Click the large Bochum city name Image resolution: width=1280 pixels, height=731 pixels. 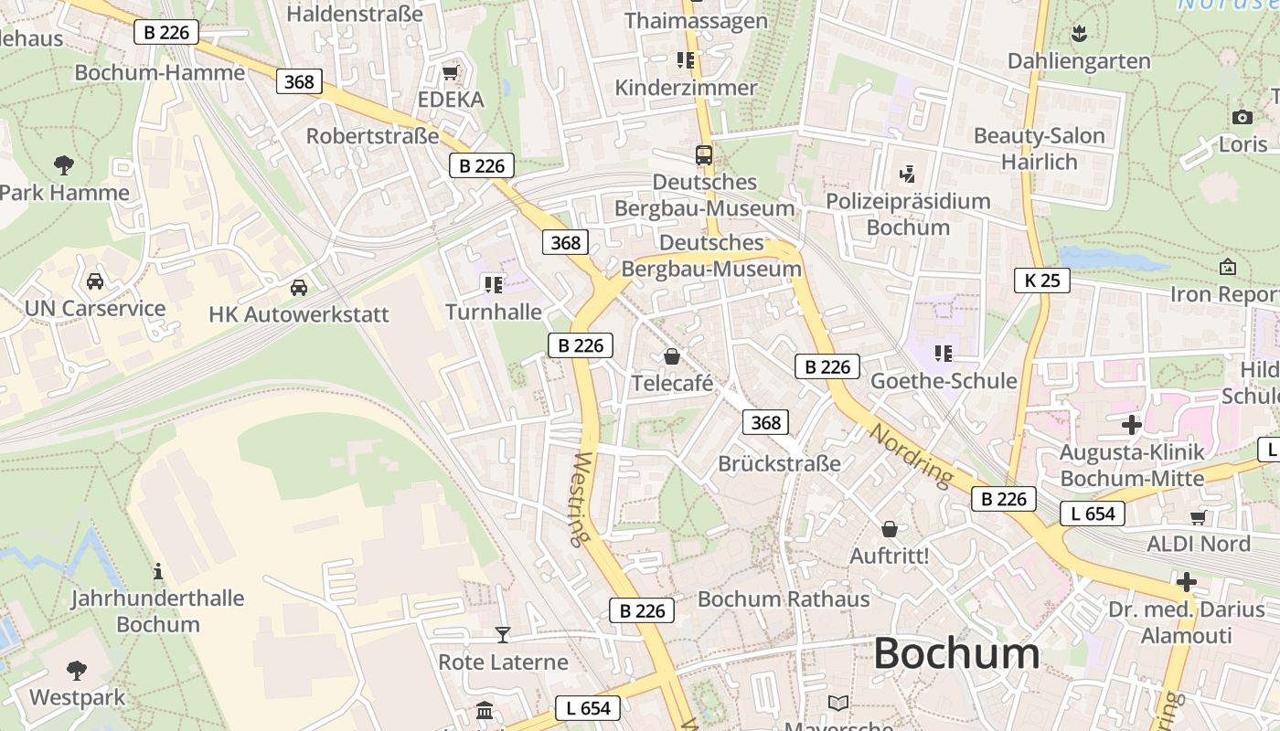(x=956, y=653)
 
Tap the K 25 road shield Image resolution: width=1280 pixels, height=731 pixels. (x=1042, y=281)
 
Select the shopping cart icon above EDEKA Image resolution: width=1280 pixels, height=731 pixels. (x=450, y=72)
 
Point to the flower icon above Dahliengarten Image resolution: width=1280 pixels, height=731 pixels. (x=1079, y=35)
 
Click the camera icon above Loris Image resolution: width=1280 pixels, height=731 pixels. (x=1242, y=117)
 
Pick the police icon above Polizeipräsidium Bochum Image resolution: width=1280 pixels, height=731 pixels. (x=907, y=174)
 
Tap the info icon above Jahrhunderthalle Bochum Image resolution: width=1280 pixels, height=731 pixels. (x=158, y=571)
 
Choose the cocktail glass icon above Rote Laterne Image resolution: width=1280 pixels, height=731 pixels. (x=502, y=634)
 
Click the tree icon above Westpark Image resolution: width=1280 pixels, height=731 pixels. (x=77, y=671)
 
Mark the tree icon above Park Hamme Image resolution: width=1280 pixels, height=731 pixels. (x=64, y=165)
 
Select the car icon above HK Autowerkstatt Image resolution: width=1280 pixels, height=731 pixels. (x=298, y=288)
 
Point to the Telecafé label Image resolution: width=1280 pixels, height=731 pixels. (x=672, y=384)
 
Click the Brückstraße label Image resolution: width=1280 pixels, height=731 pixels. (x=779, y=463)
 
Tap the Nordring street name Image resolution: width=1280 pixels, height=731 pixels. (x=910, y=453)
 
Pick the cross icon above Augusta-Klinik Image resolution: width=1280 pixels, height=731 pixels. (x=1132, y=424)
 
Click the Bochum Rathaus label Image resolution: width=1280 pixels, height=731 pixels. (x=784, y=599)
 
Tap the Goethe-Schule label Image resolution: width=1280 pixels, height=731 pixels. (x=944, y=381)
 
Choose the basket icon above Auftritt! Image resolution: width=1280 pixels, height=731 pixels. (x=889, y=529)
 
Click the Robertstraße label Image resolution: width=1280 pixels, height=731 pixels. (x=372, y=136)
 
